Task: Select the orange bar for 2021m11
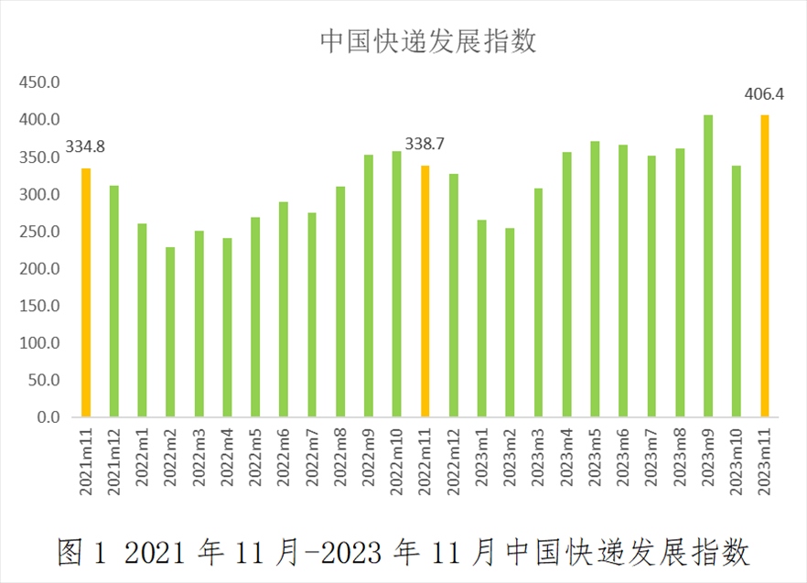(86, 293)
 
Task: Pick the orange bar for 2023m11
(765, 265)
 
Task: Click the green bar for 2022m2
(170, 332)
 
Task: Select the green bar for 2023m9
(708, 265)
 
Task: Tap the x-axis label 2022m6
(284, 462)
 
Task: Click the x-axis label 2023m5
(595, 462)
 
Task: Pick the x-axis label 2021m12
(114, 462)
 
